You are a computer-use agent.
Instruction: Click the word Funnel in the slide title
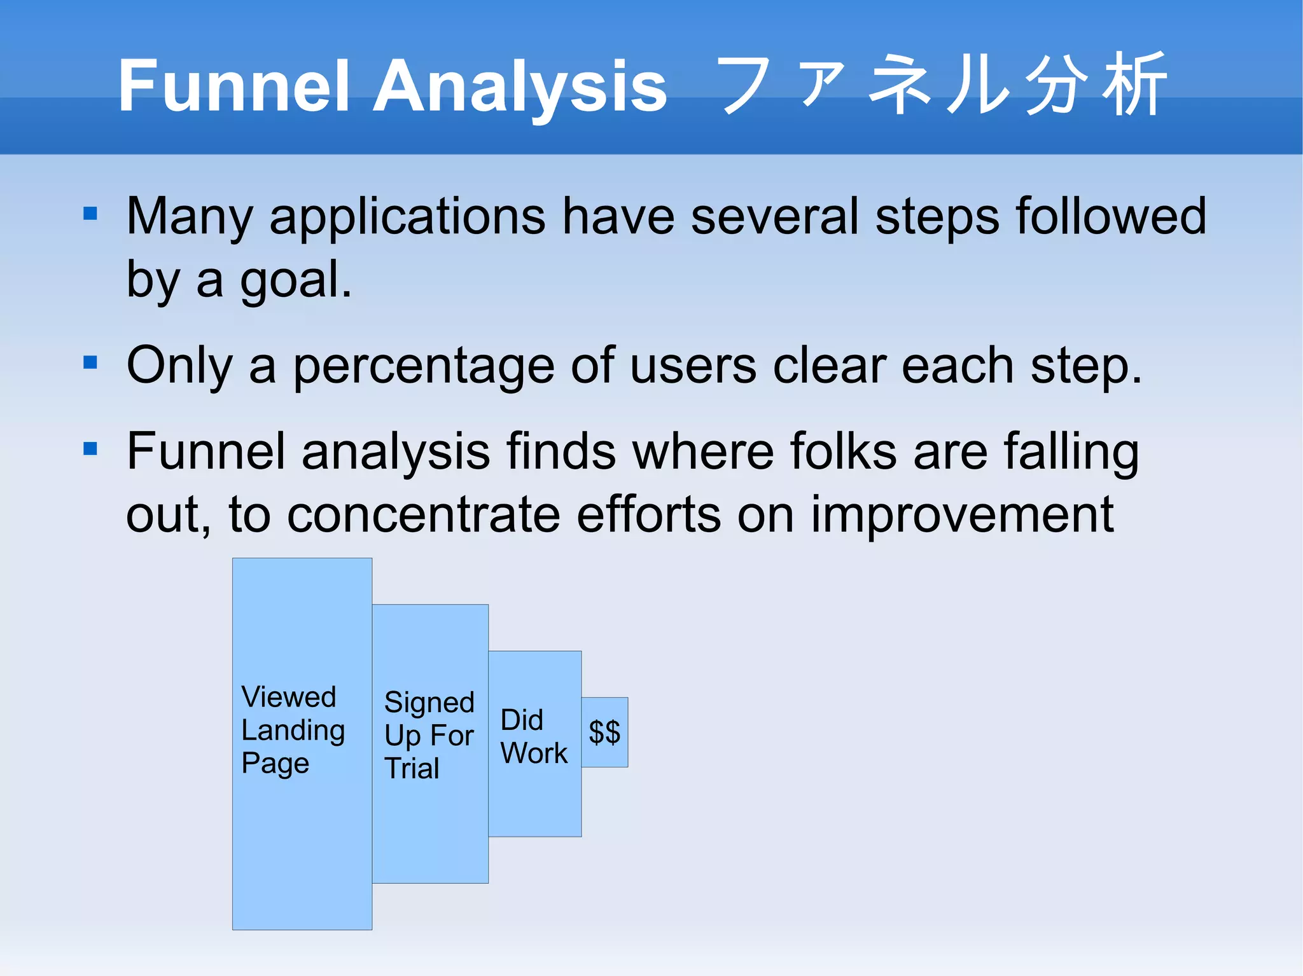click(x=234, y=86)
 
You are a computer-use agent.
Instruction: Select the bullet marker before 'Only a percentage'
click(x=90, y=362)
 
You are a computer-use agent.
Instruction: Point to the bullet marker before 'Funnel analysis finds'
click(x=90, y=449)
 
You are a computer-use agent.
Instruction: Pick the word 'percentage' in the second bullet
click(x=423, y=367)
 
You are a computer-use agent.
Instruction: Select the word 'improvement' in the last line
click(x=961, y=515)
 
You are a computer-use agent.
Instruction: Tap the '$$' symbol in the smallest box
click(x=604, y=732)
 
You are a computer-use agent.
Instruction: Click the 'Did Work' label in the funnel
click(x=533, y=737)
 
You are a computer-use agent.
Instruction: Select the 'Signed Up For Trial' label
click(x=429, y=735)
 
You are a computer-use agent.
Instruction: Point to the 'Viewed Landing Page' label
click(x=293, y=730)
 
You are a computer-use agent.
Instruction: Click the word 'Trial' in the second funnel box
click(x=412, y=768)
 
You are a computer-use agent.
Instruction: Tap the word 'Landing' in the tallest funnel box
click(x=293, y=731)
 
